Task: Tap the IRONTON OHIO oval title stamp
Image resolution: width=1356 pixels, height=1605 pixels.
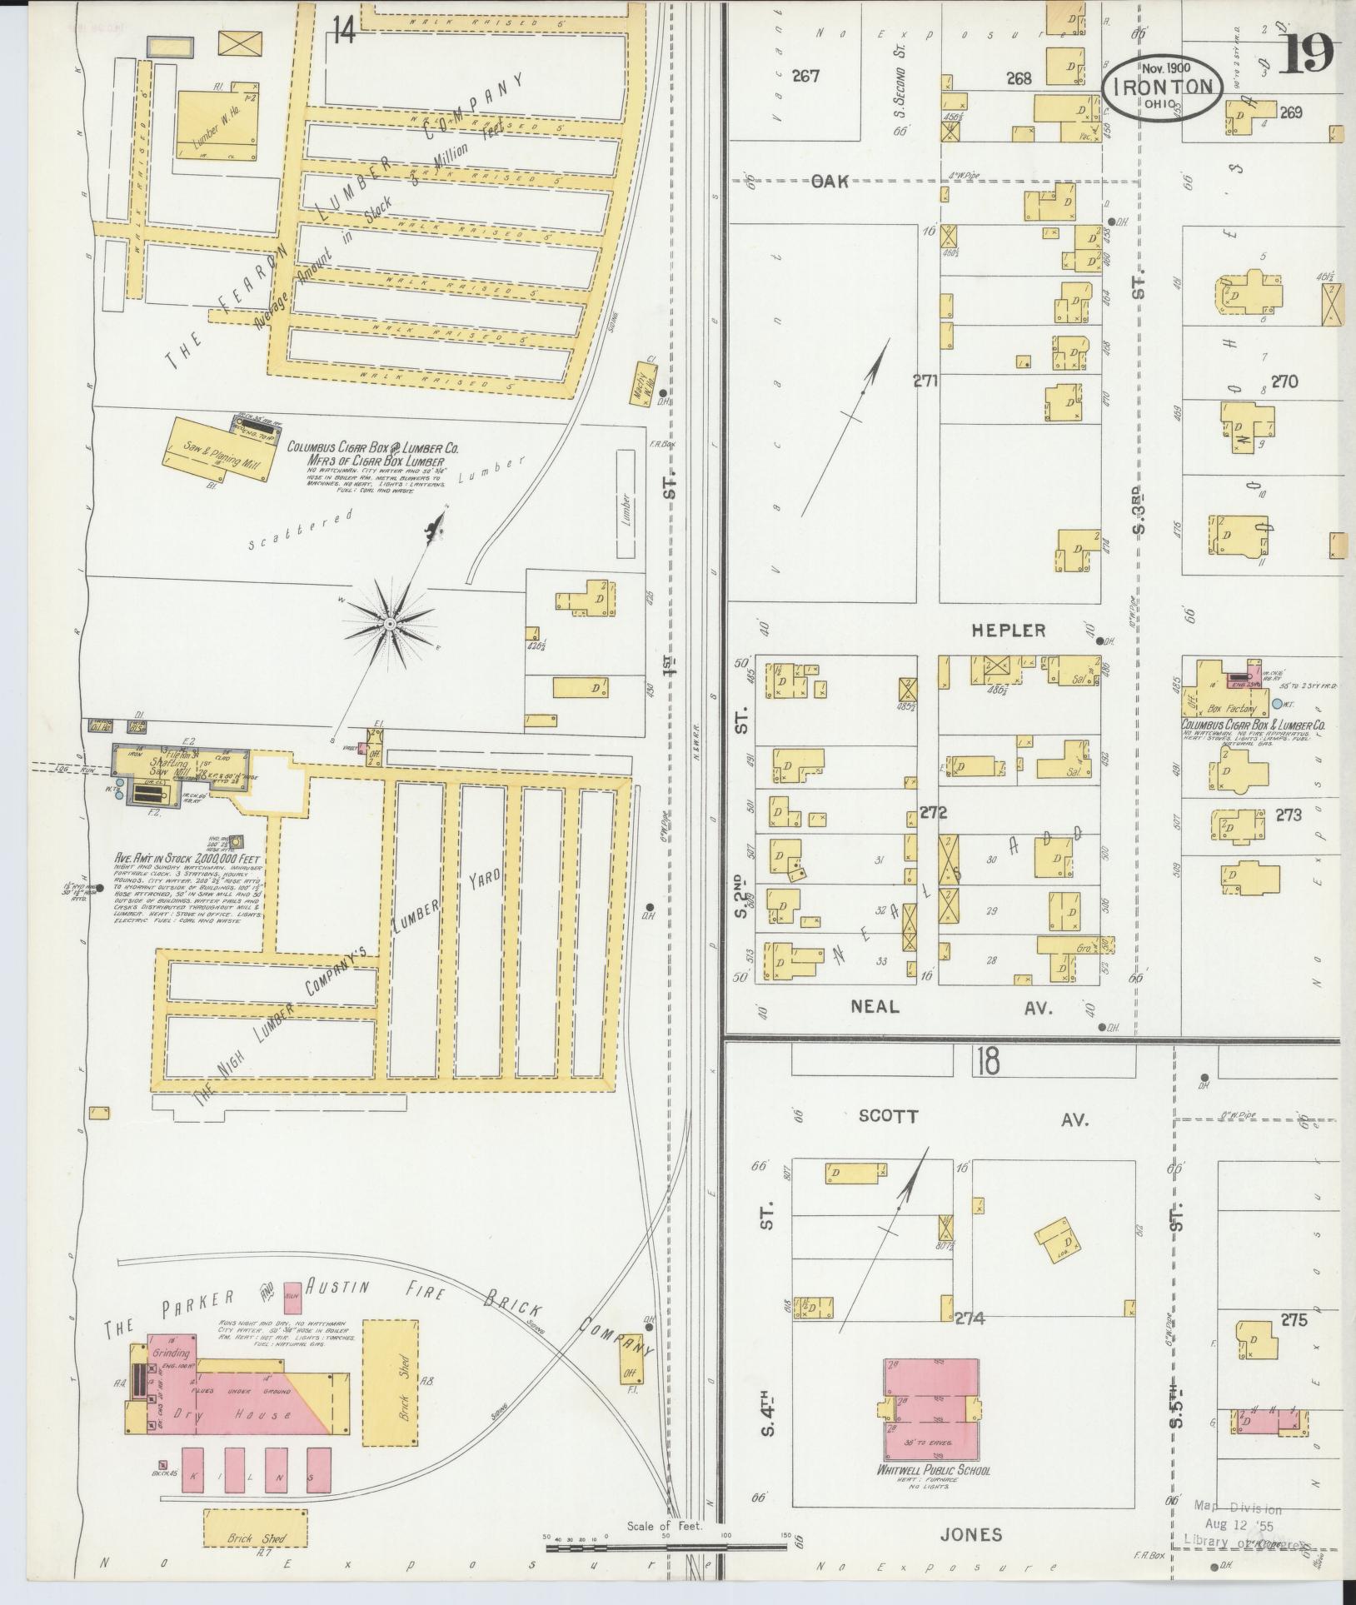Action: pos(1163,87)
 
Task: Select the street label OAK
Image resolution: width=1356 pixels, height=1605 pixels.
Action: pos(830,181)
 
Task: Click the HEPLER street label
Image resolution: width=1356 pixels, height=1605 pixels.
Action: pos(1008,631)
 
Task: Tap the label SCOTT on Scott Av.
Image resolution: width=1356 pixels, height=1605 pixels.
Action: pos(888,1118)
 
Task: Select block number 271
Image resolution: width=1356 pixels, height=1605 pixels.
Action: pos(925,381)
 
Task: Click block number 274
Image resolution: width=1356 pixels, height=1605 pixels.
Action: pos(970,1318)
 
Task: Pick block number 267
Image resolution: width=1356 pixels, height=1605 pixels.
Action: pos(805,77)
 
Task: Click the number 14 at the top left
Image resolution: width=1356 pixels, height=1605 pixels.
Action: pos(344,32)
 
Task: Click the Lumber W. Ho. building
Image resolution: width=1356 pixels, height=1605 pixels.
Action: pos(216,125)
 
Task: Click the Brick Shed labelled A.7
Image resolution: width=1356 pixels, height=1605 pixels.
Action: pos(255,1530)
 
